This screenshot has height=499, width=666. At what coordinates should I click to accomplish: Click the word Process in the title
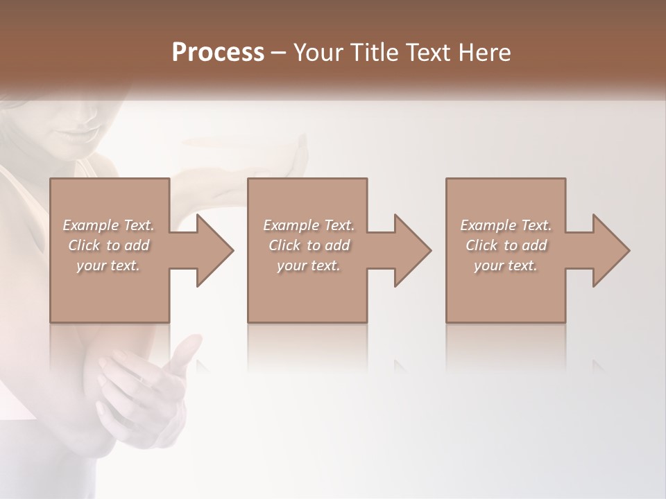(218, 53)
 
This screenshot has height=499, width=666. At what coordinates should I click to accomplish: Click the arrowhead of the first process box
(215, 250)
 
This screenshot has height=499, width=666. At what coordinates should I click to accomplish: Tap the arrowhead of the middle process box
(413, 250)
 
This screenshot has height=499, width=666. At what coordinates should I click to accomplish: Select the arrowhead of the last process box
(611, 250)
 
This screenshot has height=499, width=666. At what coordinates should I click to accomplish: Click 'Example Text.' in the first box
(108, 225)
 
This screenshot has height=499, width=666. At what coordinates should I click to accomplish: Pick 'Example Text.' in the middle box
(308, 225)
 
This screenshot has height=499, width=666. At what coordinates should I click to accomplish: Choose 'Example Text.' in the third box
(506, 225)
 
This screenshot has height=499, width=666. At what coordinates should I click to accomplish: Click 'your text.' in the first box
(108, 265)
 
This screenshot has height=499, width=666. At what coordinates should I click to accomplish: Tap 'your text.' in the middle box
(308, 265)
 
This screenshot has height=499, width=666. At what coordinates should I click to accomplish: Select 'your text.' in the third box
(506, 265)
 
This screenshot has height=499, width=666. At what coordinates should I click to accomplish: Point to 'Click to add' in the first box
(108, 245)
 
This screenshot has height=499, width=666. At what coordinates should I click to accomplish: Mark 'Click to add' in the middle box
(308, 245)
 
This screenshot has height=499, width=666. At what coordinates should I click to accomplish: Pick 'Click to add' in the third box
(506, 245)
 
